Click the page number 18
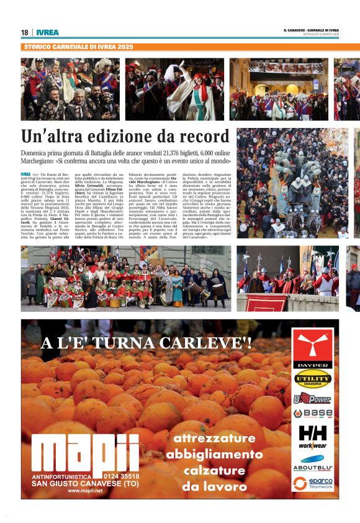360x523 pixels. tap(24, 32)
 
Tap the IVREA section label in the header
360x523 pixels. tap(47, 32)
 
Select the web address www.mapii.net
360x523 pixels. tap(85, 491)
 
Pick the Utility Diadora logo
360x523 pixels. tap(313, 378)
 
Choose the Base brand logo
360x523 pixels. tap(313, 413)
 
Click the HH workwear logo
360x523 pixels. tap(313, 436)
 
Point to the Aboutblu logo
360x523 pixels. tap(313, 463)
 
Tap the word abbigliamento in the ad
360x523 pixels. tap(215, 454)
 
